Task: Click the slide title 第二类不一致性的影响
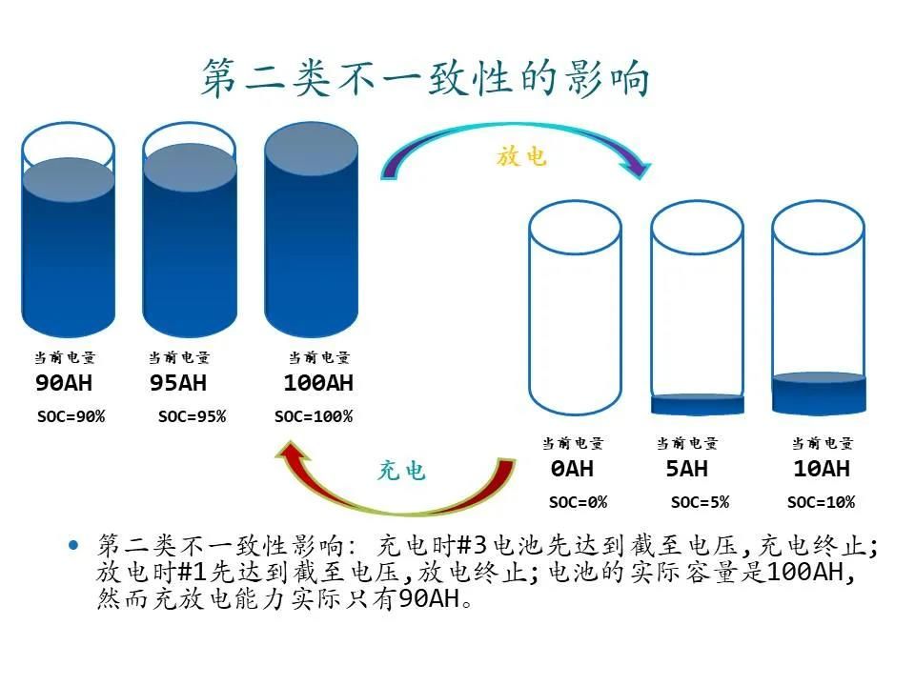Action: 425,78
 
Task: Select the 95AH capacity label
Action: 178,384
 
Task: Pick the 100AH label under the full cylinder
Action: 318,384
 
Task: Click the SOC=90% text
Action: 71,416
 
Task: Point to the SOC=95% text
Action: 192,416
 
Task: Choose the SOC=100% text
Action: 314,416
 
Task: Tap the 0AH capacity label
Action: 571,469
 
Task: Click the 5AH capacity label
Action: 686,469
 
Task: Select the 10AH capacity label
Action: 821,469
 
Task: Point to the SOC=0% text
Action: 578,502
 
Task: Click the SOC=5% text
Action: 700,502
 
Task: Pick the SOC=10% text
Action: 821,502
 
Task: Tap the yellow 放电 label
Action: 521,155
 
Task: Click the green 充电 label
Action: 401,471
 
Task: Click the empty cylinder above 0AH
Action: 575,314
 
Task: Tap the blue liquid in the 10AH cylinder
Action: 819,393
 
